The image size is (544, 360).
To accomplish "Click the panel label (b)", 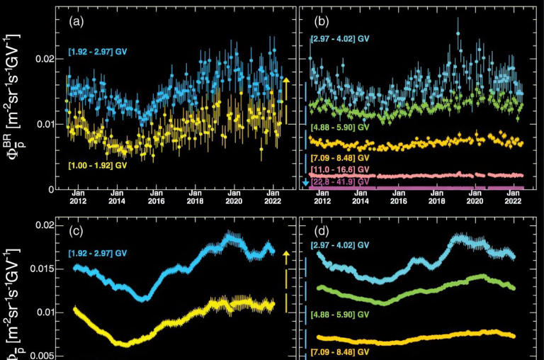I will pyautogui.click(x=319, y=21).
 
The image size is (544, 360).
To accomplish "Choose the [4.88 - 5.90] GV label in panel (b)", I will pyautogui.click(x=341, y=128).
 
